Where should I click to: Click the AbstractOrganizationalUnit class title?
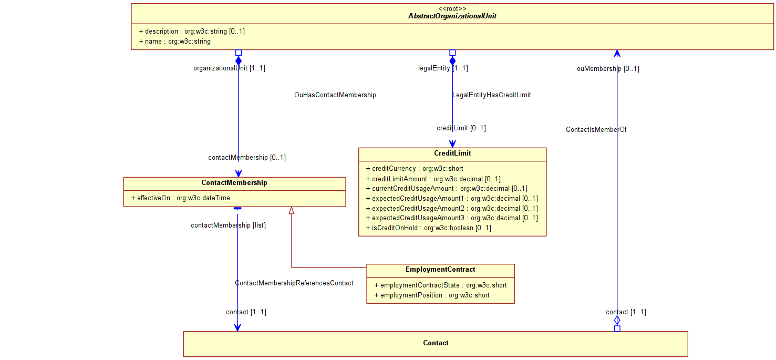coord(452,16)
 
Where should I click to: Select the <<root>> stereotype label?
coord(452,8)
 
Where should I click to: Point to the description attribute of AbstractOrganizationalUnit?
coord(192,31)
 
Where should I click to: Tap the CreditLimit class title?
coord(452,153)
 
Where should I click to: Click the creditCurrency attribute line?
coord(415,169)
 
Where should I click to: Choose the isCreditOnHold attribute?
coord(428,228)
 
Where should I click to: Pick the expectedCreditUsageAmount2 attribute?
coord(452,209)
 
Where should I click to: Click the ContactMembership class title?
coord(234,182)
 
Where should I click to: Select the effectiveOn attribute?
coord(181,198)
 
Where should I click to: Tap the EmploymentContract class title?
coord(440,270)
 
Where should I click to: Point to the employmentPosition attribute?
coord(432,295)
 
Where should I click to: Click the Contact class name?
coord(436,343)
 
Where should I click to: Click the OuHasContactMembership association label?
coord(335,95)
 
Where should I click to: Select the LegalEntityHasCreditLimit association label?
coord(492,95)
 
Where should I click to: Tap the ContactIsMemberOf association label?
coord(596,130)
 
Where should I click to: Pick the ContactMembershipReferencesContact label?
coord(294,283)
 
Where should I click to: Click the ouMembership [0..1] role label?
coord(608,69)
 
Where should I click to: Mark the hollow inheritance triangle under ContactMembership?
coord(292,210)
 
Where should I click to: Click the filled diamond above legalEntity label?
coord(452,61)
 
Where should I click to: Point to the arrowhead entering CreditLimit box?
coord(452,144)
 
